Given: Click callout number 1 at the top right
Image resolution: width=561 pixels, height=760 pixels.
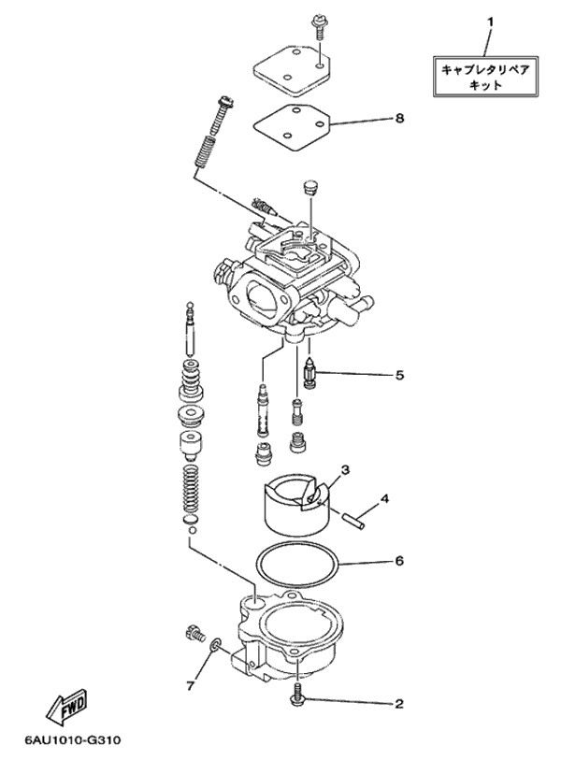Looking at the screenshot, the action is point(490,22).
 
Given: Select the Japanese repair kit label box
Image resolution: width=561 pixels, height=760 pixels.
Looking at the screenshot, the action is point(485,77).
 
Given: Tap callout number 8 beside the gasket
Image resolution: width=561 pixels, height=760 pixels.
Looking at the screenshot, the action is point(399,119).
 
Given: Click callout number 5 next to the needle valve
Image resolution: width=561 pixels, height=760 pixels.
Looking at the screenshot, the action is point(399,375).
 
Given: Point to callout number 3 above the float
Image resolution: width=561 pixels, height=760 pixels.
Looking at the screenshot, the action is point(345,469).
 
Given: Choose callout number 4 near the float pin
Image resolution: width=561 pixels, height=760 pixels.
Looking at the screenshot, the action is point(384,497).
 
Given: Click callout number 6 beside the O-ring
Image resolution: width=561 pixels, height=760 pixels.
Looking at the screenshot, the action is point(399,561).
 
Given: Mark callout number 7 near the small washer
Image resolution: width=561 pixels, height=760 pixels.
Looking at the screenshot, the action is point(190,686).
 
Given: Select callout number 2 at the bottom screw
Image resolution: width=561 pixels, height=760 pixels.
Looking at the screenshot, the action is point(399,703).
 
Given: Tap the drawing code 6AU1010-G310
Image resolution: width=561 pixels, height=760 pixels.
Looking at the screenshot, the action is point(73,740).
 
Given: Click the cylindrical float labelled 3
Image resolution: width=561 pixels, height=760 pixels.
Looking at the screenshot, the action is point(296,503).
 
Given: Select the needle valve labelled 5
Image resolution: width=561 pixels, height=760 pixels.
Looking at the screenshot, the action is point(309,375).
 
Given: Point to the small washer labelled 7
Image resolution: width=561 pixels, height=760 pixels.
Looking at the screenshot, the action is point(216,644).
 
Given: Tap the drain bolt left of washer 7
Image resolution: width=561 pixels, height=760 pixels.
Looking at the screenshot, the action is point(194,634).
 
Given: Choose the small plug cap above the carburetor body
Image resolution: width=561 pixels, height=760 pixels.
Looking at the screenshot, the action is point(309,187).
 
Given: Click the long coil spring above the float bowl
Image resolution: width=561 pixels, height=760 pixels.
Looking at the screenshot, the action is point(192,489).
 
